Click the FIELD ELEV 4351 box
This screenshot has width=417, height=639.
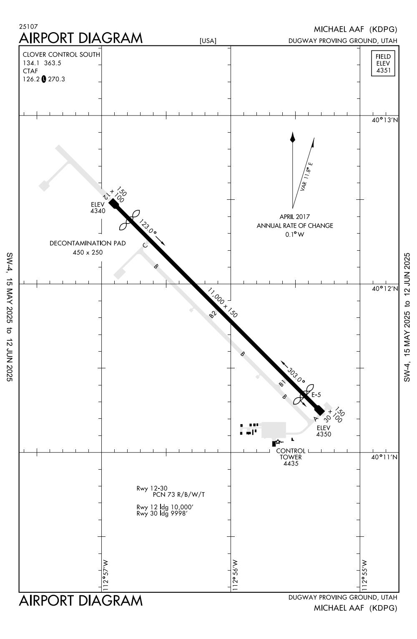pyautogui.click(x=383, y=63)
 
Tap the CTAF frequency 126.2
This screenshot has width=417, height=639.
pyautogui.click(x=31, y=79)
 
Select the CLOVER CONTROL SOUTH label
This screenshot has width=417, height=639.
pyautogui.click(x=61, y=55)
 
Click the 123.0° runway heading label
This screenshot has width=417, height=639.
pyautogui.click(x=148, y=227)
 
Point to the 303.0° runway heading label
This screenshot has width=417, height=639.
pyautogui.click(x=296, y=375)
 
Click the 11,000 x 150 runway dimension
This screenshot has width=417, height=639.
pyautogui.click(x=222, y=302)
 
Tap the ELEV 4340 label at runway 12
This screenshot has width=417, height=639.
pyautogui.click(x=98, y=208)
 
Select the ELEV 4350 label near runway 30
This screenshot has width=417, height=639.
pyautogui.click(x=324, y=431)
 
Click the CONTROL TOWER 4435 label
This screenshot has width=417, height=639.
pyautogui.click(x=291, y=457)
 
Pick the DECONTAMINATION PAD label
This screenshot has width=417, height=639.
pyautogui.click(x=88, y=243)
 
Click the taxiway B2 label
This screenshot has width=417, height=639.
pyautogui.click(x=213, y=314)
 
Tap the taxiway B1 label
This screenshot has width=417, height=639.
pyautogui.click(x=282, y=383)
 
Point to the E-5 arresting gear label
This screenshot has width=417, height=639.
pyautogui.click(x=316, y=395)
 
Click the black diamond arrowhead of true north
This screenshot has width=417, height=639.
pyautogui.click(x=292, y=137)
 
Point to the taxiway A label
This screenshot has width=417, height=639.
pyautogui.click(x=315, y=419)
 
